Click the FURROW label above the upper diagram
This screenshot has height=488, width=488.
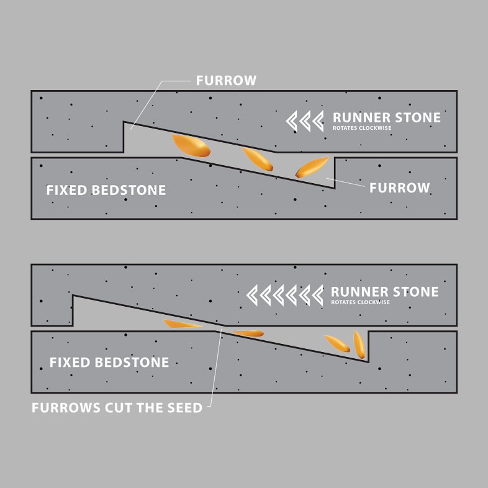coord(226,81)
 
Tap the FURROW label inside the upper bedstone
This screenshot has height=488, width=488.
coord(399,188)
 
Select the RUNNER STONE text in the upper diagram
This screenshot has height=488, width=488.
coord(386,118)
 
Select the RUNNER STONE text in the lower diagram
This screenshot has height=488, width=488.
coord(385,292)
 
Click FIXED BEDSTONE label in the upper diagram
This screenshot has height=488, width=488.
coord(106,191)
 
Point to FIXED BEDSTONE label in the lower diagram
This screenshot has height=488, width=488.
coord(109,363)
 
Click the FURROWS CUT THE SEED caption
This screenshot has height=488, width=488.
coord(117,409)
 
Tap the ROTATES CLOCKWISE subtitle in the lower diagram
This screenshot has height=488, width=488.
coord(360,302)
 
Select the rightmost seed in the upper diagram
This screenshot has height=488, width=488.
coord(311,167)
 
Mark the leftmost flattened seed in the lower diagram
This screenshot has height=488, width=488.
coord(183,324)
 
